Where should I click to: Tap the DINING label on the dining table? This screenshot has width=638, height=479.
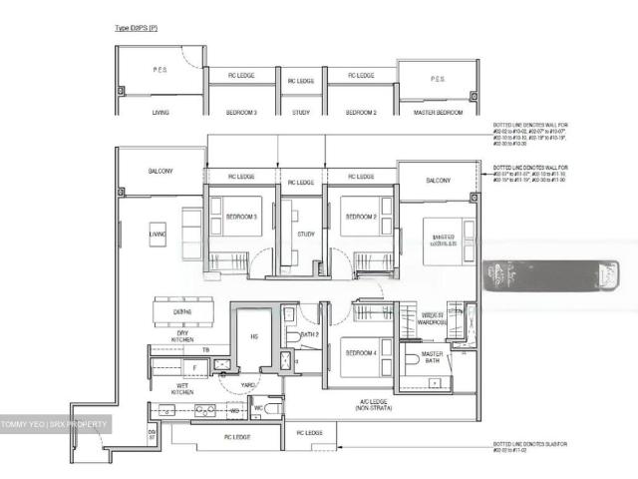coord(182,312)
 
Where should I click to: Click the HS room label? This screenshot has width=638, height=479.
coord(253,336)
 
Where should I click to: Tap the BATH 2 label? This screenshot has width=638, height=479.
coord(308,335)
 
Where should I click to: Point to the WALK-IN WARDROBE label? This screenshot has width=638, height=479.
coord(432,318)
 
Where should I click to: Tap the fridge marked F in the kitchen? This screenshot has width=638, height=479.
coord(195,367)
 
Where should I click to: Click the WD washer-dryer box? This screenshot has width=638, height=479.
coord(233,410)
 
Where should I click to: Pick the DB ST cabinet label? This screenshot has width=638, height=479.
coord(153,435)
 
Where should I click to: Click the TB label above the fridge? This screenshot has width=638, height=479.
coord(205,350)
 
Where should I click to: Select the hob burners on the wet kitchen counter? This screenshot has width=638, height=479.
coord(203,410)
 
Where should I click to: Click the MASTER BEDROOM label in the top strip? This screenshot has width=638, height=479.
coord(438,113)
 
